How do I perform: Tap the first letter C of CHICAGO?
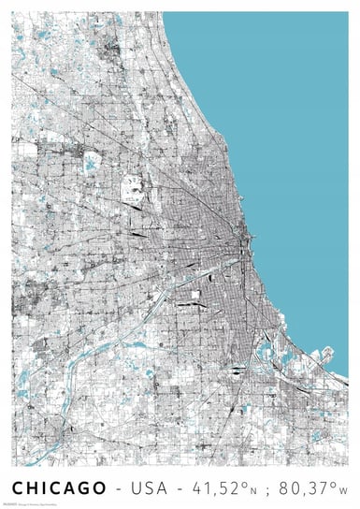18,488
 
